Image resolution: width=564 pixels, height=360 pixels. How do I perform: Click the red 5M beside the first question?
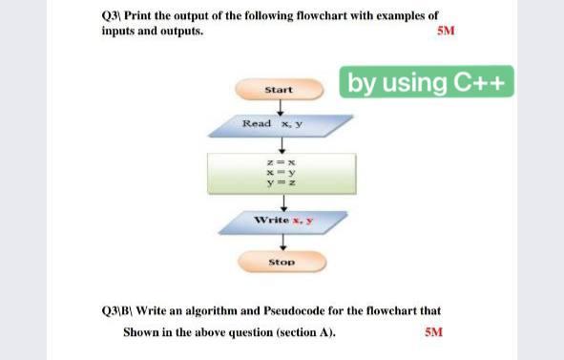(445, 31)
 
